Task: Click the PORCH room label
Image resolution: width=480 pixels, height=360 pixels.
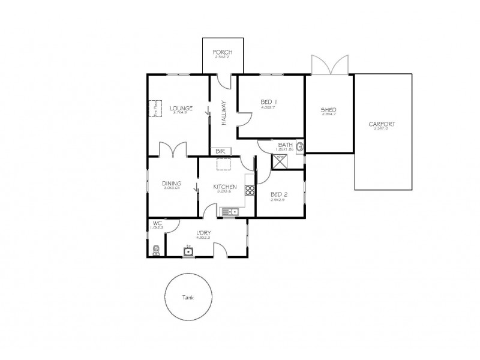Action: [223, 52]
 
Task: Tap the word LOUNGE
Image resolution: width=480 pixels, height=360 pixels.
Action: [180, 108]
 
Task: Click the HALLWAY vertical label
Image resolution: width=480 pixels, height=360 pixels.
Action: [223, 112]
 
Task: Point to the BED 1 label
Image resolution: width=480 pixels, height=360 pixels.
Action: [268, 102]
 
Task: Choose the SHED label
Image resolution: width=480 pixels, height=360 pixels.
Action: [328, 110]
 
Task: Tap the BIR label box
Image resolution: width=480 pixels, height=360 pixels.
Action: [220, 151]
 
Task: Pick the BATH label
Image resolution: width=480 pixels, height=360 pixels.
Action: [285, 145]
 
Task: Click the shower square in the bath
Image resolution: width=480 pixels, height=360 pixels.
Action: [280, 160]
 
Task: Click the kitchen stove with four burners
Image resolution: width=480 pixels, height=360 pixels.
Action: [250, 191]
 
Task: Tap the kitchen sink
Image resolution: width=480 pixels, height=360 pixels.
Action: [229, 211]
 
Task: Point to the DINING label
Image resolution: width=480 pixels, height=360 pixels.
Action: [172, 184]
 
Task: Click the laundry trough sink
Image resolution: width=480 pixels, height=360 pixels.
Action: [188, 251]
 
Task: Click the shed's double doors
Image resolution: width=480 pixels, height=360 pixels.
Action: [329, 65]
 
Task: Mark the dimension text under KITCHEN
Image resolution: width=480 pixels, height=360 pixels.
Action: [225, 191]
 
